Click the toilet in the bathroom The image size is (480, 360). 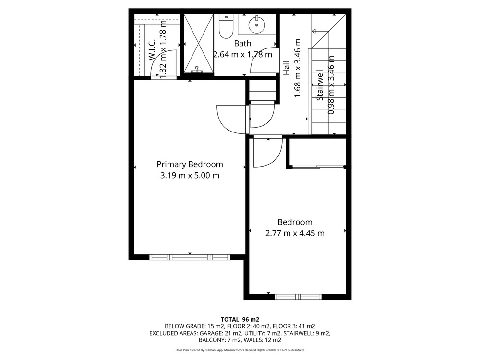coord(226,27)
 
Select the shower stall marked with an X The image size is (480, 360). coord(198,43)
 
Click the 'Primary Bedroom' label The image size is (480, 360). coord(190,164)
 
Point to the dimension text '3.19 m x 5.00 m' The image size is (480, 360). coord(190,176)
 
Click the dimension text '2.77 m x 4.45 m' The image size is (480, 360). coord(295,233)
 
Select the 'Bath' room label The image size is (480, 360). coord(242,44)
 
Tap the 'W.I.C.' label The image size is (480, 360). coord(152,49)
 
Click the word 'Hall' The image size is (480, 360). coord(286,68)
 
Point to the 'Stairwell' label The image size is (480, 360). coord(320,85)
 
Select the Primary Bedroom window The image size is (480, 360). coord(190,257)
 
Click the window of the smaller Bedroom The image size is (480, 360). coord(298,297)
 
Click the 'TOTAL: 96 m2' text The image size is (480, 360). coord(240,320)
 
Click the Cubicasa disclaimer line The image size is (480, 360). coord(240,350)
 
